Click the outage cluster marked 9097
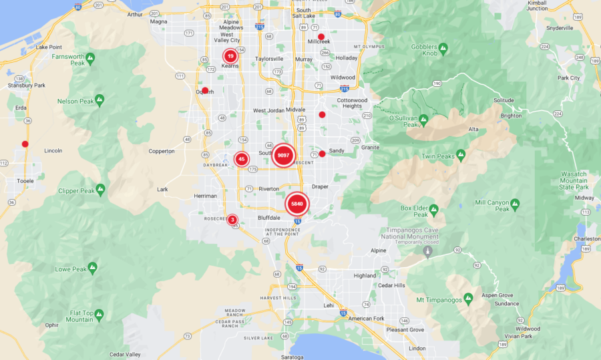pos(283,155)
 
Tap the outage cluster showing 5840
pos(297,204)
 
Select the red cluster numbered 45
pos(242,159)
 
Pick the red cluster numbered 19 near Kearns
pos(230,56)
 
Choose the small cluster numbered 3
pos(232,220)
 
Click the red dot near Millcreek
pos(321,37)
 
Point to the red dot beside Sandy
pos(322,154)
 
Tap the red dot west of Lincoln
pos(25,144)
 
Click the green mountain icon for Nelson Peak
pos(99,101)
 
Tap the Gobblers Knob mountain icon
pos(443,49)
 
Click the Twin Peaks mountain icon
pos(461,156)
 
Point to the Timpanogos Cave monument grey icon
pos(427,251)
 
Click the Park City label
pos(569,78)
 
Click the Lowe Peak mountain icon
pos(92,267)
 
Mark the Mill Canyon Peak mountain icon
pos(515,203)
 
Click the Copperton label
pos(161,151)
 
